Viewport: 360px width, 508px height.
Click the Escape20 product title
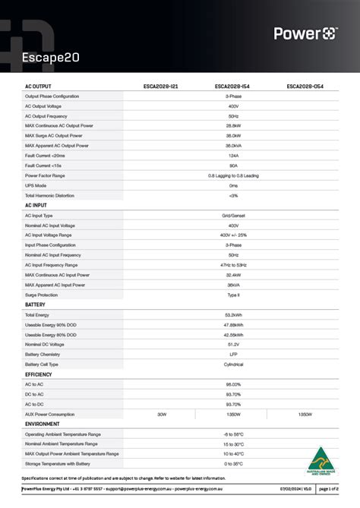pos(51,57)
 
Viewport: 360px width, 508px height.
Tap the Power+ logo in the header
pos(305,33)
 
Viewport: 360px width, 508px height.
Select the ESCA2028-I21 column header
pos(161,87)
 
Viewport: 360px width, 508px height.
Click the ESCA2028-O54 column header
pos(305,87)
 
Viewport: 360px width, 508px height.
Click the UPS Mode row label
pos(36,185)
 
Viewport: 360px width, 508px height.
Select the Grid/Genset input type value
pos(233,216)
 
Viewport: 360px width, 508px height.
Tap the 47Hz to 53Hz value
pos(233,265)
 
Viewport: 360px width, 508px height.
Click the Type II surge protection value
pos(233,295)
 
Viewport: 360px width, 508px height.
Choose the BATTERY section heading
pos(35,304)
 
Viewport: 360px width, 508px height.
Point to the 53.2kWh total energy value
pos(233,314)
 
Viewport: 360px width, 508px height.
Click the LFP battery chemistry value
pos(233,354)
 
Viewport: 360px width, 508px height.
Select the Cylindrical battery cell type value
pos(233,364)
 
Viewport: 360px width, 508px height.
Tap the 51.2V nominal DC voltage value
pos(233,344)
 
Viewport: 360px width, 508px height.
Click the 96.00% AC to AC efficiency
pos(233,384)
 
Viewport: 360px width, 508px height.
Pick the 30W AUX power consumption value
pos(161,414)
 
